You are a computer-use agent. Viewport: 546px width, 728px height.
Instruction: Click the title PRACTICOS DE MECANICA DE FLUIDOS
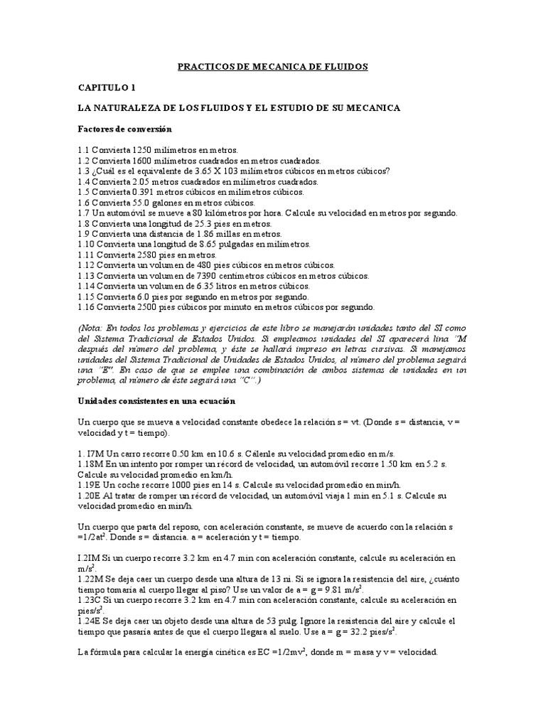point(273,67)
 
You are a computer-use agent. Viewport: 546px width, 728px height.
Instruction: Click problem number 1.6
point(85,203)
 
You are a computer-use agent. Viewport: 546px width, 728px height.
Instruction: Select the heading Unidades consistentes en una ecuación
point(155,401)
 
